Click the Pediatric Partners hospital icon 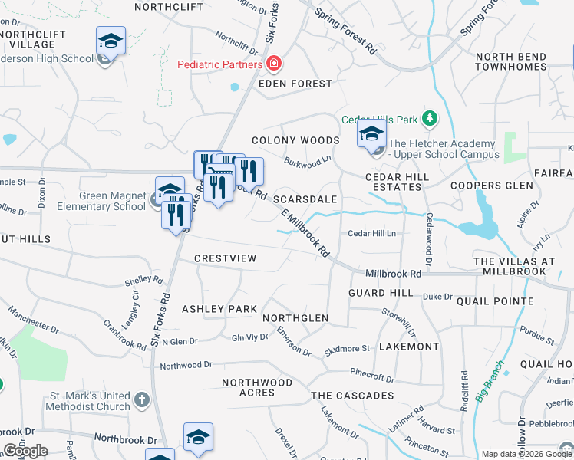272,64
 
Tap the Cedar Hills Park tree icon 430,119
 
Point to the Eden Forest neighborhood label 295,84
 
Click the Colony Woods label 295,140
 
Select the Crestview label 225,258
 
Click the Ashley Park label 219,309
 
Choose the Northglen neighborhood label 295,318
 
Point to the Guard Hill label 381,294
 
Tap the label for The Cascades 352,396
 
